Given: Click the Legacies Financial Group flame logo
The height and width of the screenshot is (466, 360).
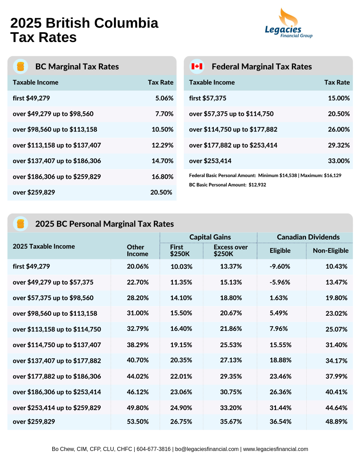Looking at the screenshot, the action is click(x=289, y=23).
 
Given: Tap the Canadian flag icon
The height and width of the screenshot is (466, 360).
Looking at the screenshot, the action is click(x=197, y=67).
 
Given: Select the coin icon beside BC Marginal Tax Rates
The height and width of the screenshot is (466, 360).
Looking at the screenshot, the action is click(x=20, y=67).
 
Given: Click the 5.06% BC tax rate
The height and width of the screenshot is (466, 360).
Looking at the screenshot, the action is click(x=164, y=98).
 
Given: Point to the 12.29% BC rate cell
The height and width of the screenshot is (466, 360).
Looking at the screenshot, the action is click(x=162, y=145).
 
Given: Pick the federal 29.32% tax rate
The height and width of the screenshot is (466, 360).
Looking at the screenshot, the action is click(x=339, y=145).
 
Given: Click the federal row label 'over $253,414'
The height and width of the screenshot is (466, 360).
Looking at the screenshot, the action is click(x=210, y=161).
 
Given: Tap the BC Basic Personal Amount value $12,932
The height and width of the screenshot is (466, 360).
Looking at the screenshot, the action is click(x=257, y=184).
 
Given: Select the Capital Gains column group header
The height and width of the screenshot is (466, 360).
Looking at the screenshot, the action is click(x=210, y=237).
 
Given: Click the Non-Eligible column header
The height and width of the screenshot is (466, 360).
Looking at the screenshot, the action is click(x=331, y=250).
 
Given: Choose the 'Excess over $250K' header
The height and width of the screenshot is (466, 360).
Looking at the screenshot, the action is click(x=231, y=250).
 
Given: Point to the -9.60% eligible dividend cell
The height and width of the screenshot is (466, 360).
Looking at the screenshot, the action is click(x=280, y=266).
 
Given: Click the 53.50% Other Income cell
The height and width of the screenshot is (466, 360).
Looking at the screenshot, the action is click(x=138, y=422).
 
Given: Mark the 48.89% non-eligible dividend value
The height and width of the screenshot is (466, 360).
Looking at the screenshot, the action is click(x=336, y=422).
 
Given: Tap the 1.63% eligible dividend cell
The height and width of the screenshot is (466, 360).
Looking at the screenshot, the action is click(x=278, y=298).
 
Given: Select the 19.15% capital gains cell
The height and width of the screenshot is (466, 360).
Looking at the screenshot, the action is click(x=181, y=345).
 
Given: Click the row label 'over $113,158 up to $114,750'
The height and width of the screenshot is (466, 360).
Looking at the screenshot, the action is click(x=57, y=329).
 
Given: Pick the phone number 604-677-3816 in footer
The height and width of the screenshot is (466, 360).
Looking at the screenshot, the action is click(x=153, y=449).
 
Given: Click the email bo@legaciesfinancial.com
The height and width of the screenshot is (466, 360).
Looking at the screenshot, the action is click(x=207, y=449).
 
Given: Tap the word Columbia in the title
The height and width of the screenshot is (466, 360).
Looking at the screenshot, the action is click(x=126, y=23).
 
